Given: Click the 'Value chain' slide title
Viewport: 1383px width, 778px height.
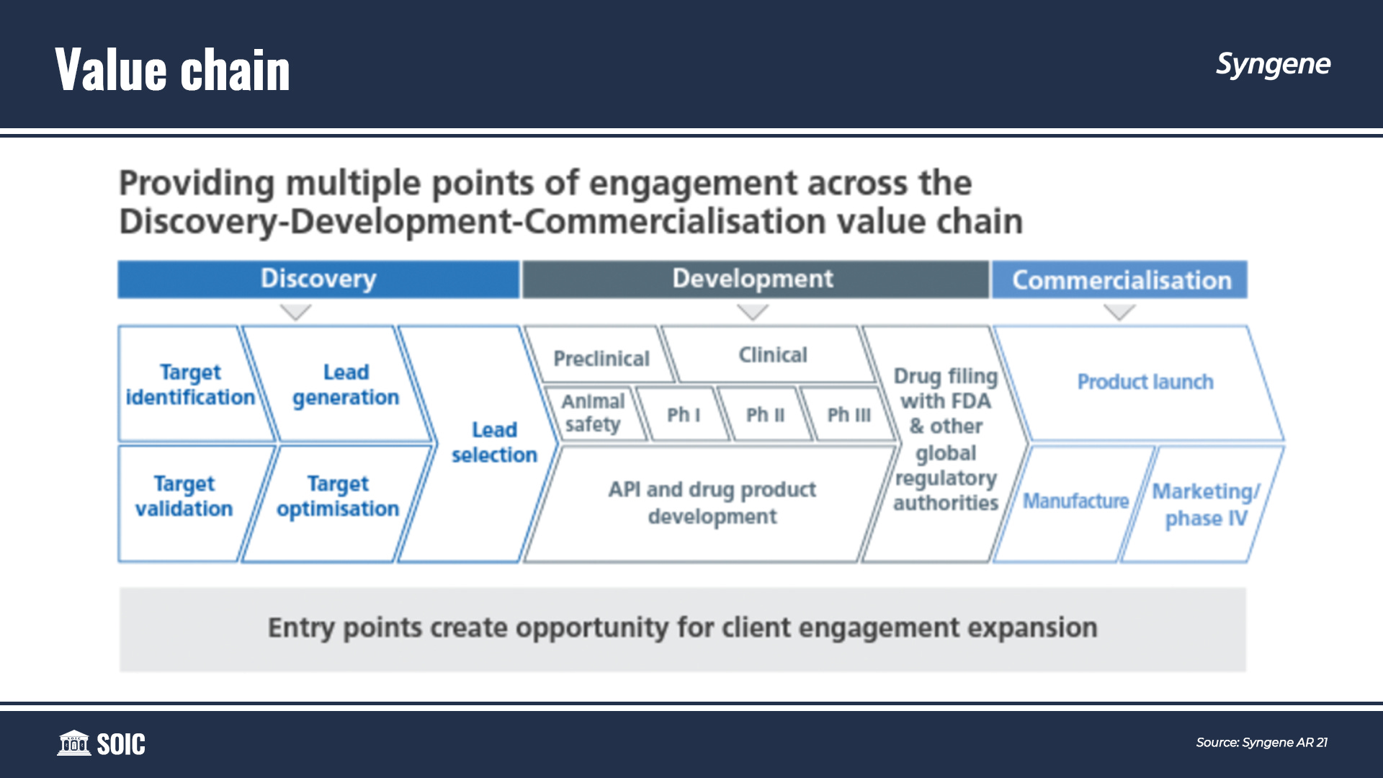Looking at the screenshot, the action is pyautogui.click(x=172, y=70).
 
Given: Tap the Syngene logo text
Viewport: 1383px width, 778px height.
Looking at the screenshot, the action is pyautogui.click(x=1273, y=65).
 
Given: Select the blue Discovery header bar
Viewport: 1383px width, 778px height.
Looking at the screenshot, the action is pyautogui.click(x=318, y=280).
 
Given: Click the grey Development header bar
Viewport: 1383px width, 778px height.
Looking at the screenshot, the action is pyautogui.click(x=755, y=280).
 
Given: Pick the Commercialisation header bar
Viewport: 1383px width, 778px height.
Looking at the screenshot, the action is pyautogui.click(x=1119, y=280).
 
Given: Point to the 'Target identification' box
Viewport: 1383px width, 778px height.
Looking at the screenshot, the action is pyautogui.click(x=191, y=384).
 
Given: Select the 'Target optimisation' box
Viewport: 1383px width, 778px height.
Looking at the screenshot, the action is pyautogui.click(x=337, y=503).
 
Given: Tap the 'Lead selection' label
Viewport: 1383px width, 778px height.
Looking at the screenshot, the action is pyautogui.click(x=494, y=442).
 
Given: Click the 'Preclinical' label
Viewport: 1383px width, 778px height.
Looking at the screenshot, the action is pyautogui.click(x=601, y=358).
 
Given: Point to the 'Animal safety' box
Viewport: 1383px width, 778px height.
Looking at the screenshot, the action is pyautogui.click(x=594, y=413).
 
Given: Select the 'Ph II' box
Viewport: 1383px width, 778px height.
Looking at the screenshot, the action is pyautogui.click(x=765, y=414).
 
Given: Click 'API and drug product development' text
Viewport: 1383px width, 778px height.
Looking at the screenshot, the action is pyautogui.click(x=712, y=503).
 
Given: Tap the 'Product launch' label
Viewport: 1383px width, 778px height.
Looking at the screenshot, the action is pyautogui.click(x=1145, y=382).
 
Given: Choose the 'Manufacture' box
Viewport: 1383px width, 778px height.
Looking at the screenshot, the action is pyautogui.click(x=1075, y=503).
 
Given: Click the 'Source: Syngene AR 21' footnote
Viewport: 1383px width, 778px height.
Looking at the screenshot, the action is pyautogui.click(x=1261, y=743).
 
